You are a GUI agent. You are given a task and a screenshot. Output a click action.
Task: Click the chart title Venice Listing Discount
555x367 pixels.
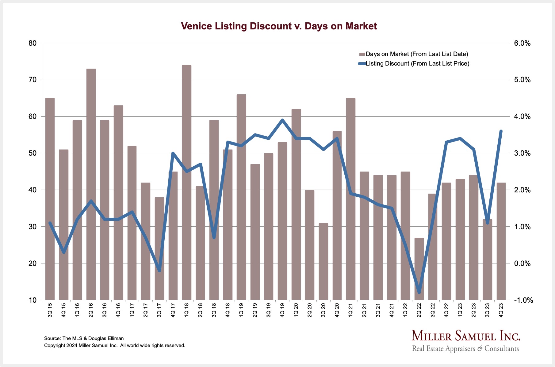pyautogui.click(x=279, y=26)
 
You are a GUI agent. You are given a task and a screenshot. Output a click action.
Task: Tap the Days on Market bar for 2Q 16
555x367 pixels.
pyautogui.click(x=91, y=184)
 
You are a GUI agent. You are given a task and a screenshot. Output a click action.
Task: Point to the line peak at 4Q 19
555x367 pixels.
pyautogui.click(x=282, y=120)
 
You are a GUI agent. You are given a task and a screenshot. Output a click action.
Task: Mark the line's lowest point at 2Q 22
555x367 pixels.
pyautogui.click(x=419, y=293)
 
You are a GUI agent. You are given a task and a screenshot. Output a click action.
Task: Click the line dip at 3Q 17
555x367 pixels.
pyautogui.click(x=159, y=271)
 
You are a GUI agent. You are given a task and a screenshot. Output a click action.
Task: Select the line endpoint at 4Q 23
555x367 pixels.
pyautogui.click(x=501, y=131)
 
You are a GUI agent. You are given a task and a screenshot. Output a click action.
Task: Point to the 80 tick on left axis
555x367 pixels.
pyautogui.click(x=33, y=43)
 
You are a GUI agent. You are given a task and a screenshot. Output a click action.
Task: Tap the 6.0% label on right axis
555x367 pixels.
pyautogui.click(x=522, y=43)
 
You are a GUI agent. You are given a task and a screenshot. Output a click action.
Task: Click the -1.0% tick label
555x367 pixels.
pyautogui.click(x=523, y=300)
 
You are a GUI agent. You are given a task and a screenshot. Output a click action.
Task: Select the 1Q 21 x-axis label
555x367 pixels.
pyautogui.click(x=350, y=310)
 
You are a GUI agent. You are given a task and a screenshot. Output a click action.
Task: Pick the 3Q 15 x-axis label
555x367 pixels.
pyautogui.click(x=50, y=310)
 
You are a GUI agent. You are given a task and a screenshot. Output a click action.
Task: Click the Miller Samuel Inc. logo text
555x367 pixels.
pyautogui.click(x=465, y=336)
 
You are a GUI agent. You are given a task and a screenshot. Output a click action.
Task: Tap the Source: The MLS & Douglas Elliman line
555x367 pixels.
pyautogui.click(x=84, y=339)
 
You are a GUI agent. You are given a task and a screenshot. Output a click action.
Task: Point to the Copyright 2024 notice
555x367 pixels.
pyautogui.click(x=114, y=346)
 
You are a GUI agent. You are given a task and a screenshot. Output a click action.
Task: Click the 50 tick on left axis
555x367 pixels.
pyautogui.click(x=33, y=153)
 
